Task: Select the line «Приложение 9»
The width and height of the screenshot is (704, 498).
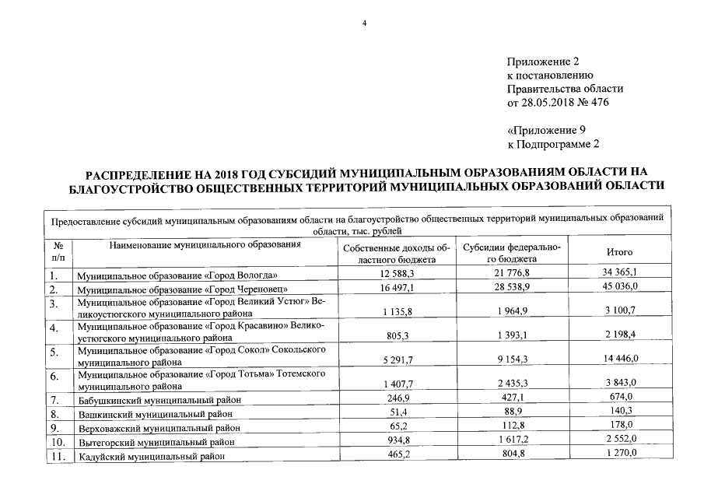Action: pos(545,130)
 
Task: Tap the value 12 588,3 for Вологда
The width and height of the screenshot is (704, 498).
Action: pos(397,274)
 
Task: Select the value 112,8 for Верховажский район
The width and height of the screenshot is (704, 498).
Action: pos(512,427)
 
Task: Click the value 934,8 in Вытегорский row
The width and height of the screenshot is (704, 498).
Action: pos(397,441)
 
